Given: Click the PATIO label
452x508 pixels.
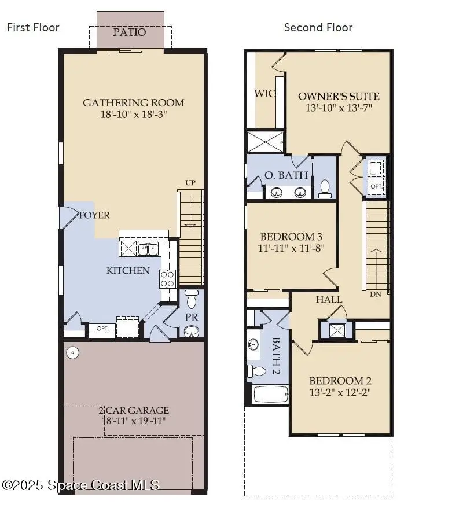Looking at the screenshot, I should click(130, 32).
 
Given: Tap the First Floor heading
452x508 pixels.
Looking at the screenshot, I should click(33, 27).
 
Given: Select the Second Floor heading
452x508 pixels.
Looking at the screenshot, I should click(318, 27).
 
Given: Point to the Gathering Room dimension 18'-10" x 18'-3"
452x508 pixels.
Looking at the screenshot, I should click(134, 115).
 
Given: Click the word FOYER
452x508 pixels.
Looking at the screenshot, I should click(95, 215).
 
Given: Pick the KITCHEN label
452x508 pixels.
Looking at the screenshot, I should click(128, 270).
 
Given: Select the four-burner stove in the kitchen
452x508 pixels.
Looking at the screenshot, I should click(168, 279).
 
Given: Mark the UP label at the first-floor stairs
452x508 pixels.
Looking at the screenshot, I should click(190, 183).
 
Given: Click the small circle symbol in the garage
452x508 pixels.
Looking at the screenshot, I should click(72, 352).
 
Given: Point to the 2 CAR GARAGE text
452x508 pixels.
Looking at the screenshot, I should click(134, 410).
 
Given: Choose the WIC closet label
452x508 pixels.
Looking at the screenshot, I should click(264, 93).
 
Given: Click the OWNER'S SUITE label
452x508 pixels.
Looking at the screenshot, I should click(339, 96).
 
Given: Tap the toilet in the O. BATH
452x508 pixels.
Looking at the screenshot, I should click(325, 188).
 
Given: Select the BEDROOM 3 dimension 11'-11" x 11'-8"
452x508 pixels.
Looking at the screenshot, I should click(291, 248).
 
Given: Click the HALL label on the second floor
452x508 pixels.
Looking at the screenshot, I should click(329, 299).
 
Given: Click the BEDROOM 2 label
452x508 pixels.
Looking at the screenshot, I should click(340, 381).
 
